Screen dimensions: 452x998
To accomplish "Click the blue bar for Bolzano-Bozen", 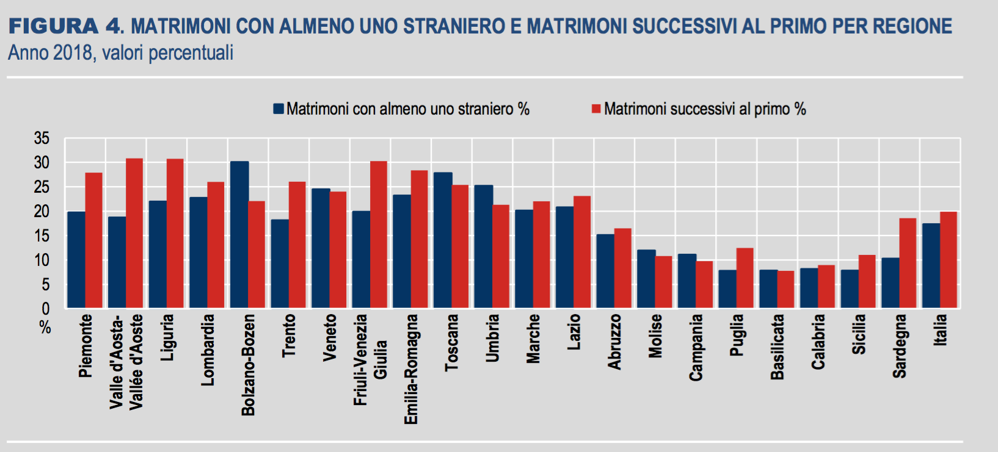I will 239,235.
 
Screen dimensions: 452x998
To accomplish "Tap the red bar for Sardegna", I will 908,263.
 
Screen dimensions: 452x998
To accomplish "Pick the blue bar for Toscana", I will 443,240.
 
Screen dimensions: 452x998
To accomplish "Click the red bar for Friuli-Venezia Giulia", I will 379,235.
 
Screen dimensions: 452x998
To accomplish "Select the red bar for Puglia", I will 745,278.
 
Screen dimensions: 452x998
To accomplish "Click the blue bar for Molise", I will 646,279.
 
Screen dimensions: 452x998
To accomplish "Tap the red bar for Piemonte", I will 93,240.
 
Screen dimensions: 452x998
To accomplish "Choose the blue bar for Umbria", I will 483,246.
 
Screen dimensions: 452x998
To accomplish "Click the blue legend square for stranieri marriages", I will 279,109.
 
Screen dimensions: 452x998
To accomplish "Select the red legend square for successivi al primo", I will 596,109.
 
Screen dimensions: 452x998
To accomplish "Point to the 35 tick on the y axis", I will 42,138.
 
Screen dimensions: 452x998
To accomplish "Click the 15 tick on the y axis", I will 42,236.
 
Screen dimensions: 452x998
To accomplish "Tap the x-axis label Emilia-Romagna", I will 411,369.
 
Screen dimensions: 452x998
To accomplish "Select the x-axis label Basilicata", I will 777,346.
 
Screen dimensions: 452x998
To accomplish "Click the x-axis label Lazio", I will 574,332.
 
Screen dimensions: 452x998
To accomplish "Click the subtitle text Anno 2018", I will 50,53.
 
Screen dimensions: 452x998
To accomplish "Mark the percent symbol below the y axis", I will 45,328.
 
